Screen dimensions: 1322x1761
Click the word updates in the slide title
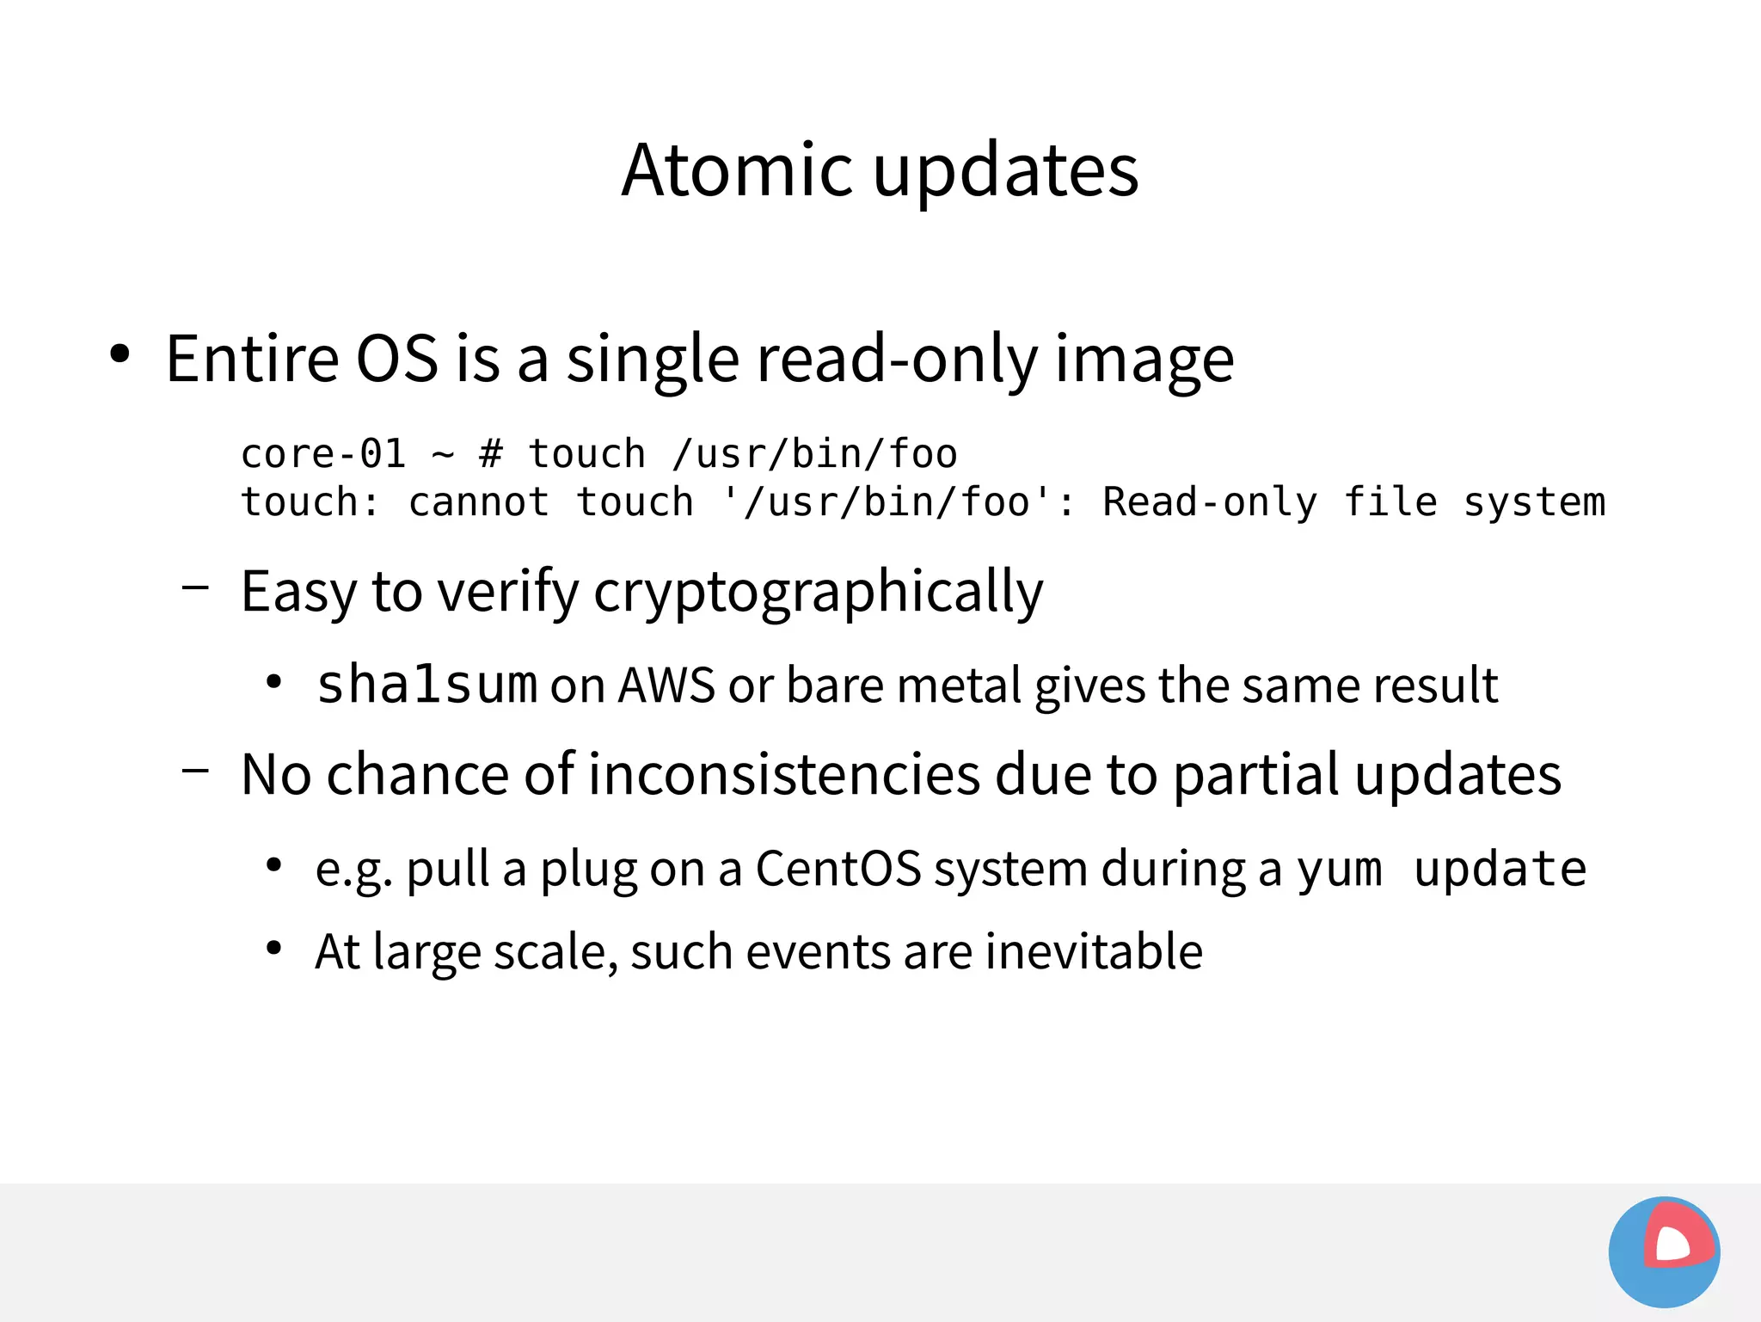[x=1005, y=172]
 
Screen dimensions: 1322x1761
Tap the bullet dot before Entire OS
[x=120, y=354]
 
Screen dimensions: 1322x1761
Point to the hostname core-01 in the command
[x=322, y=453]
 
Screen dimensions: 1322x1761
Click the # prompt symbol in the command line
[x=490, y=453]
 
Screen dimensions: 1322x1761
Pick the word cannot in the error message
[x=478, y=501]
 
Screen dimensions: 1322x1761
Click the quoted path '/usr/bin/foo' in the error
[x=887, y=501]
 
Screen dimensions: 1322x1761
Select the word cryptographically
[x=818, y=593]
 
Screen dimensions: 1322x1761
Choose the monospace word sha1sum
[x=426, y=685]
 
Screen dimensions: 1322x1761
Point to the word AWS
[x=666, y=686]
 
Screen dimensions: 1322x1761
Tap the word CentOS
[x=838, y=869]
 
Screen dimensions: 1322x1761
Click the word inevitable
[x=1093, y=951]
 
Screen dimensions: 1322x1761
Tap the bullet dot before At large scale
[x=274, y=949]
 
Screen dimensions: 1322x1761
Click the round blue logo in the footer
[x=1664, y=1252]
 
